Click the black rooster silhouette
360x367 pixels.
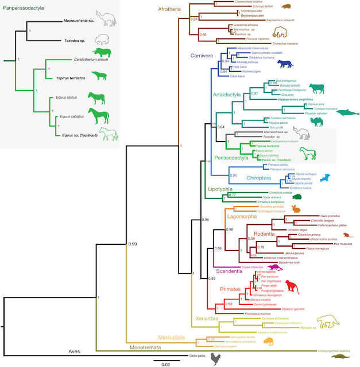tap(215, 359)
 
